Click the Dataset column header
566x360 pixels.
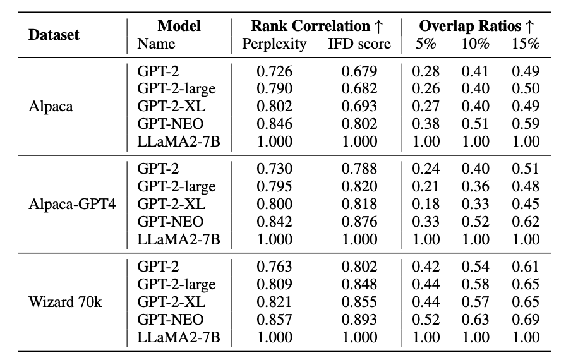[54, 35]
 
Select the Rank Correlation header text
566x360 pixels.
[310, 26]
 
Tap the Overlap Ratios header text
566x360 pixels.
[471, 26]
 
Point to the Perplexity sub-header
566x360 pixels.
[274, 44]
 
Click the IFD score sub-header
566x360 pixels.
[359, 44]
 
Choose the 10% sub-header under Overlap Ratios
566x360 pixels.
[475, 44]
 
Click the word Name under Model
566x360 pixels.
[156, 44]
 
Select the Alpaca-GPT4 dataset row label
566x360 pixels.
[68, 204]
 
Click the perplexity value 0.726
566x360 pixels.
[274, 71]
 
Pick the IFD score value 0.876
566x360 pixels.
[359, 221]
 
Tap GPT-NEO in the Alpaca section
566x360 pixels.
[170, 124]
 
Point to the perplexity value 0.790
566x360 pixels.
[274, 89]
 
